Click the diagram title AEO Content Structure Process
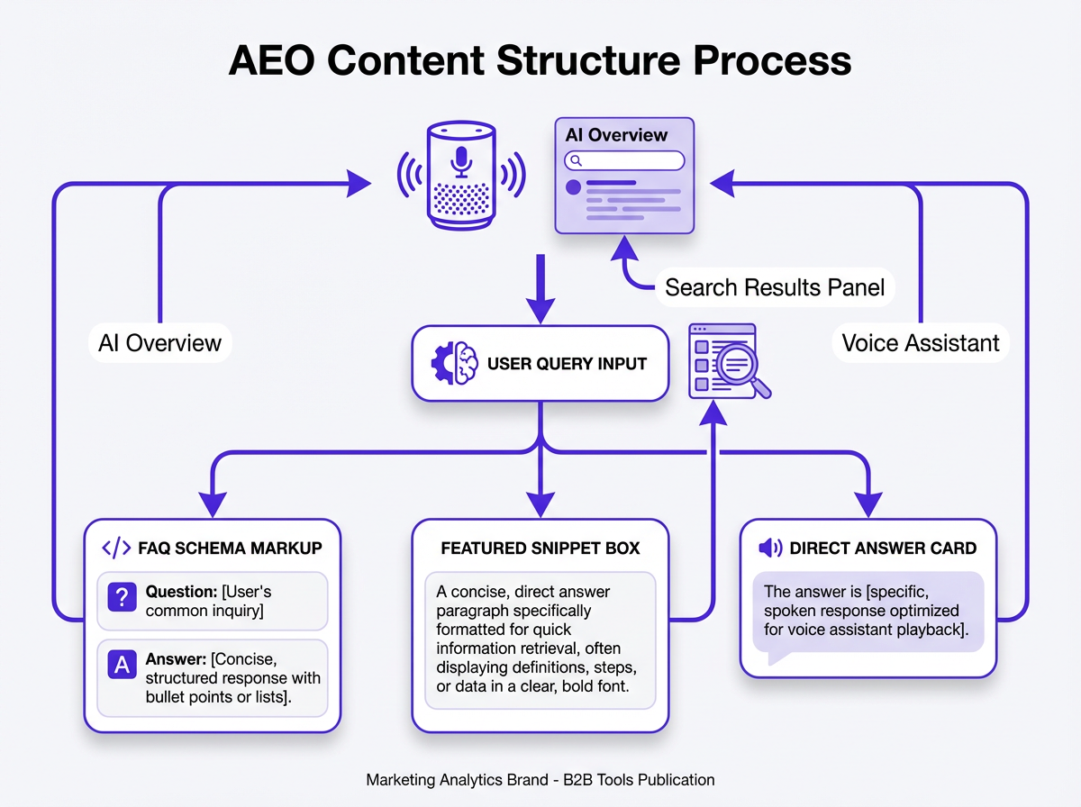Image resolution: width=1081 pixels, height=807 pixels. coord(540,61)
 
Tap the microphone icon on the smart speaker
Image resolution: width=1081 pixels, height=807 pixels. coord(461,160)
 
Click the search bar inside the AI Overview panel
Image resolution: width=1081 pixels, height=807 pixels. coord(624,160)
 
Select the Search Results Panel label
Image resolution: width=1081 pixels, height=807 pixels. coord(775,287)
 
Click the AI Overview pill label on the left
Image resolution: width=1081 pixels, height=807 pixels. coord(159,343)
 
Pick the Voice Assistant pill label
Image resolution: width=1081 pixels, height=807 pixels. coord(920,343)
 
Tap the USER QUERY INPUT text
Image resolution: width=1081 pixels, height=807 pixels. coord(567,364)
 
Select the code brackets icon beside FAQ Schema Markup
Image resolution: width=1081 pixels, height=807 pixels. coord(117,548)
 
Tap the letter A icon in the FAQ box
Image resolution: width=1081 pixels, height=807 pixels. coord(121,666)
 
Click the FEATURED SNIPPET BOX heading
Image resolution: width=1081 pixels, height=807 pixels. coord(540,548)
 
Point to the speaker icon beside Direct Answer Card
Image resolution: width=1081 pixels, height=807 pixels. coord(769,548)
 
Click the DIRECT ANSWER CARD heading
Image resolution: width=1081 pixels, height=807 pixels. coord(883,548)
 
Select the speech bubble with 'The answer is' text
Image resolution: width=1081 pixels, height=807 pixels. coord(868,612)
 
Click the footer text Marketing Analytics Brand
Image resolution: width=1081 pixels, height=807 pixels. coord(540,780)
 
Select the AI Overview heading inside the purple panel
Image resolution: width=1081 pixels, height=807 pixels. coord(616,135)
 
